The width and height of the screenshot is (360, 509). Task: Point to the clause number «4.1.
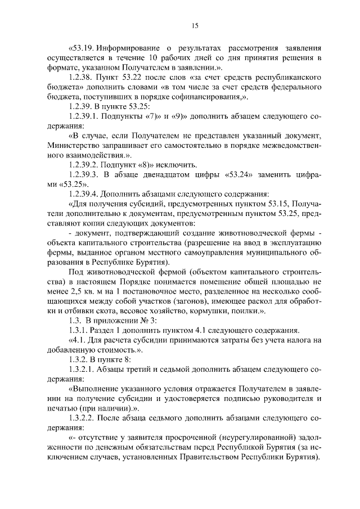point(78,339)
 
